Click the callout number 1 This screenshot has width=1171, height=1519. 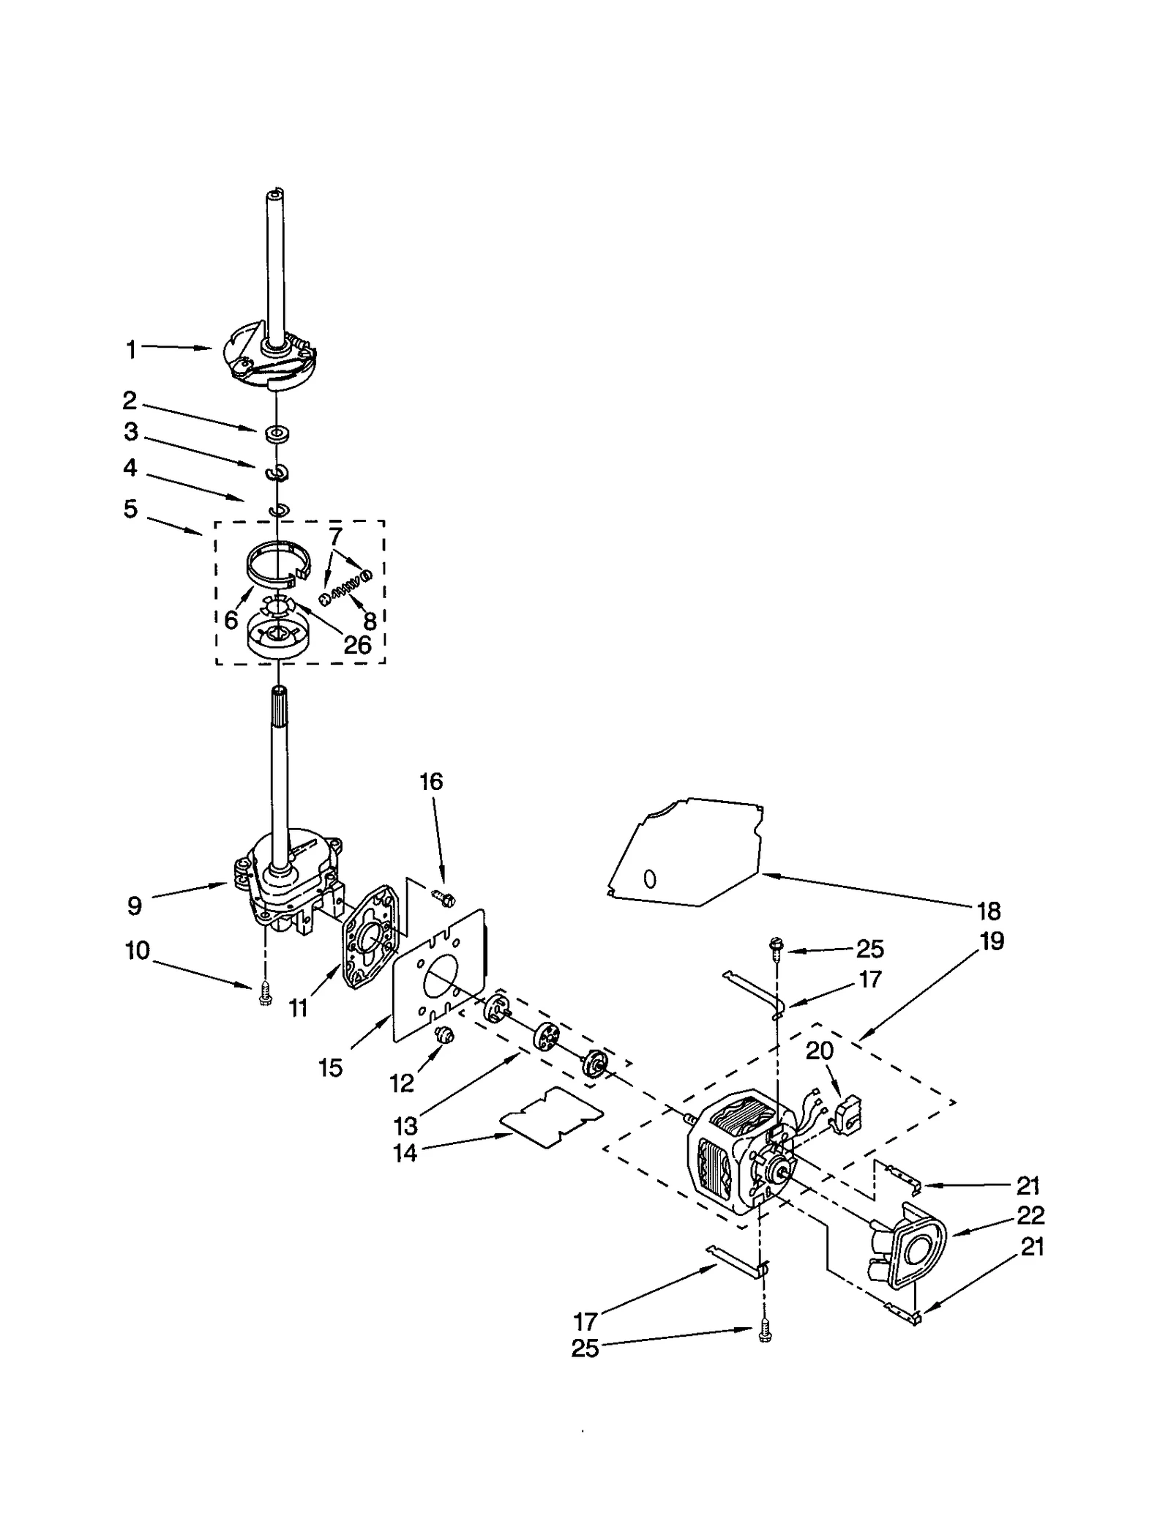(x=131, y=351)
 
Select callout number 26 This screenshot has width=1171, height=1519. (x=357, y=645)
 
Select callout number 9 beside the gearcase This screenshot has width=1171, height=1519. (x=134, y=906)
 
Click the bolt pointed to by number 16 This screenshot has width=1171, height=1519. (x=444, y=896)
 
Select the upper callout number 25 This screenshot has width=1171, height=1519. (x=870, y=949)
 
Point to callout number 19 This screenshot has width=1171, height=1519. (x=992, y=941)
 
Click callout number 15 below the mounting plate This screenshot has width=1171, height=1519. (x=331, y=1068)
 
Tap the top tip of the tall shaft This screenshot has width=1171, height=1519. (x=274, y=193)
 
